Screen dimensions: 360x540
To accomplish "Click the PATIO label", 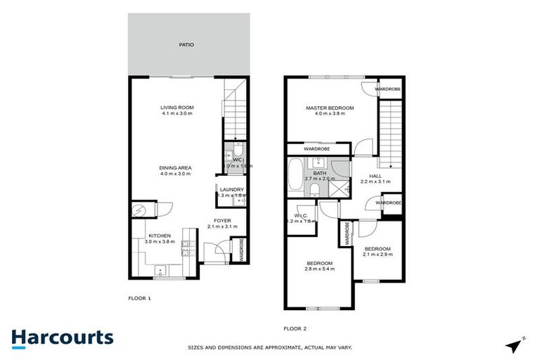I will (186, 45).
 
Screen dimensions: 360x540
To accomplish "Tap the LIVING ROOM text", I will (177, 108).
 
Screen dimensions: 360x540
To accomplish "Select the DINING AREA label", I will (175, 167).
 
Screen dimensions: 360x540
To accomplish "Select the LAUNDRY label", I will (231, 190).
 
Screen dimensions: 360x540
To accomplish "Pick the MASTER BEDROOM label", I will (329, 108).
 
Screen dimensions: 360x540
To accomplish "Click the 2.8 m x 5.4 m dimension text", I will (319, 269).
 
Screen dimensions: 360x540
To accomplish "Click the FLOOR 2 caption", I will (295, 328).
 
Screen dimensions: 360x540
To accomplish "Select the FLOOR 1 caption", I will (139, 298).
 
